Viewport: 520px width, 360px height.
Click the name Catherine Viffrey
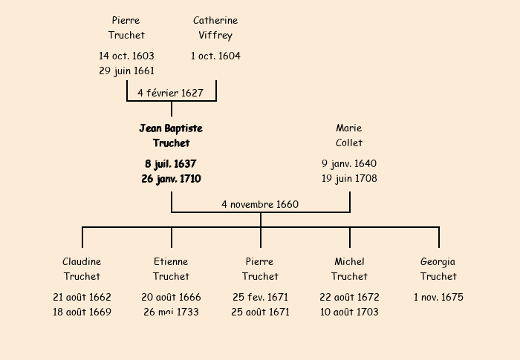215,27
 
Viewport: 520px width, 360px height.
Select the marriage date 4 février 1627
170,93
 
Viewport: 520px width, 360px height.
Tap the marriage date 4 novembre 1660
260,204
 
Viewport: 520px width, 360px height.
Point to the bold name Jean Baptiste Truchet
171,135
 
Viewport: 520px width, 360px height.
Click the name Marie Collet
349,135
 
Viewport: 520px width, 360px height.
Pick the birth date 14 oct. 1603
126,56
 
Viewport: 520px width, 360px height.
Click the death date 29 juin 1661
126,71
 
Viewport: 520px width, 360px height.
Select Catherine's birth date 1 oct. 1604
215,56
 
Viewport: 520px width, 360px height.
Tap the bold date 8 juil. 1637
171,163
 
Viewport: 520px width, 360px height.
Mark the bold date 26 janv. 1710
171,179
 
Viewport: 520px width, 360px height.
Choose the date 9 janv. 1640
349,163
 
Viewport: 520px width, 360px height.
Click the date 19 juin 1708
349,179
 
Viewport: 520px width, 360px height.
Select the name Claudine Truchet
82,269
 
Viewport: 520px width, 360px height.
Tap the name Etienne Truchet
171,269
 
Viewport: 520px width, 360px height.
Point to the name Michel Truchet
349,269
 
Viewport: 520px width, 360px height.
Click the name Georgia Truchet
438,269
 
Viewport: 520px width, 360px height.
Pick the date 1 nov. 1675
438,297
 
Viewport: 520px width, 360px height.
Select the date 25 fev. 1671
260,297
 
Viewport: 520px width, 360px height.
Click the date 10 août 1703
349,312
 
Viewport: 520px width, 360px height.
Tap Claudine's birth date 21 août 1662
82,297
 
